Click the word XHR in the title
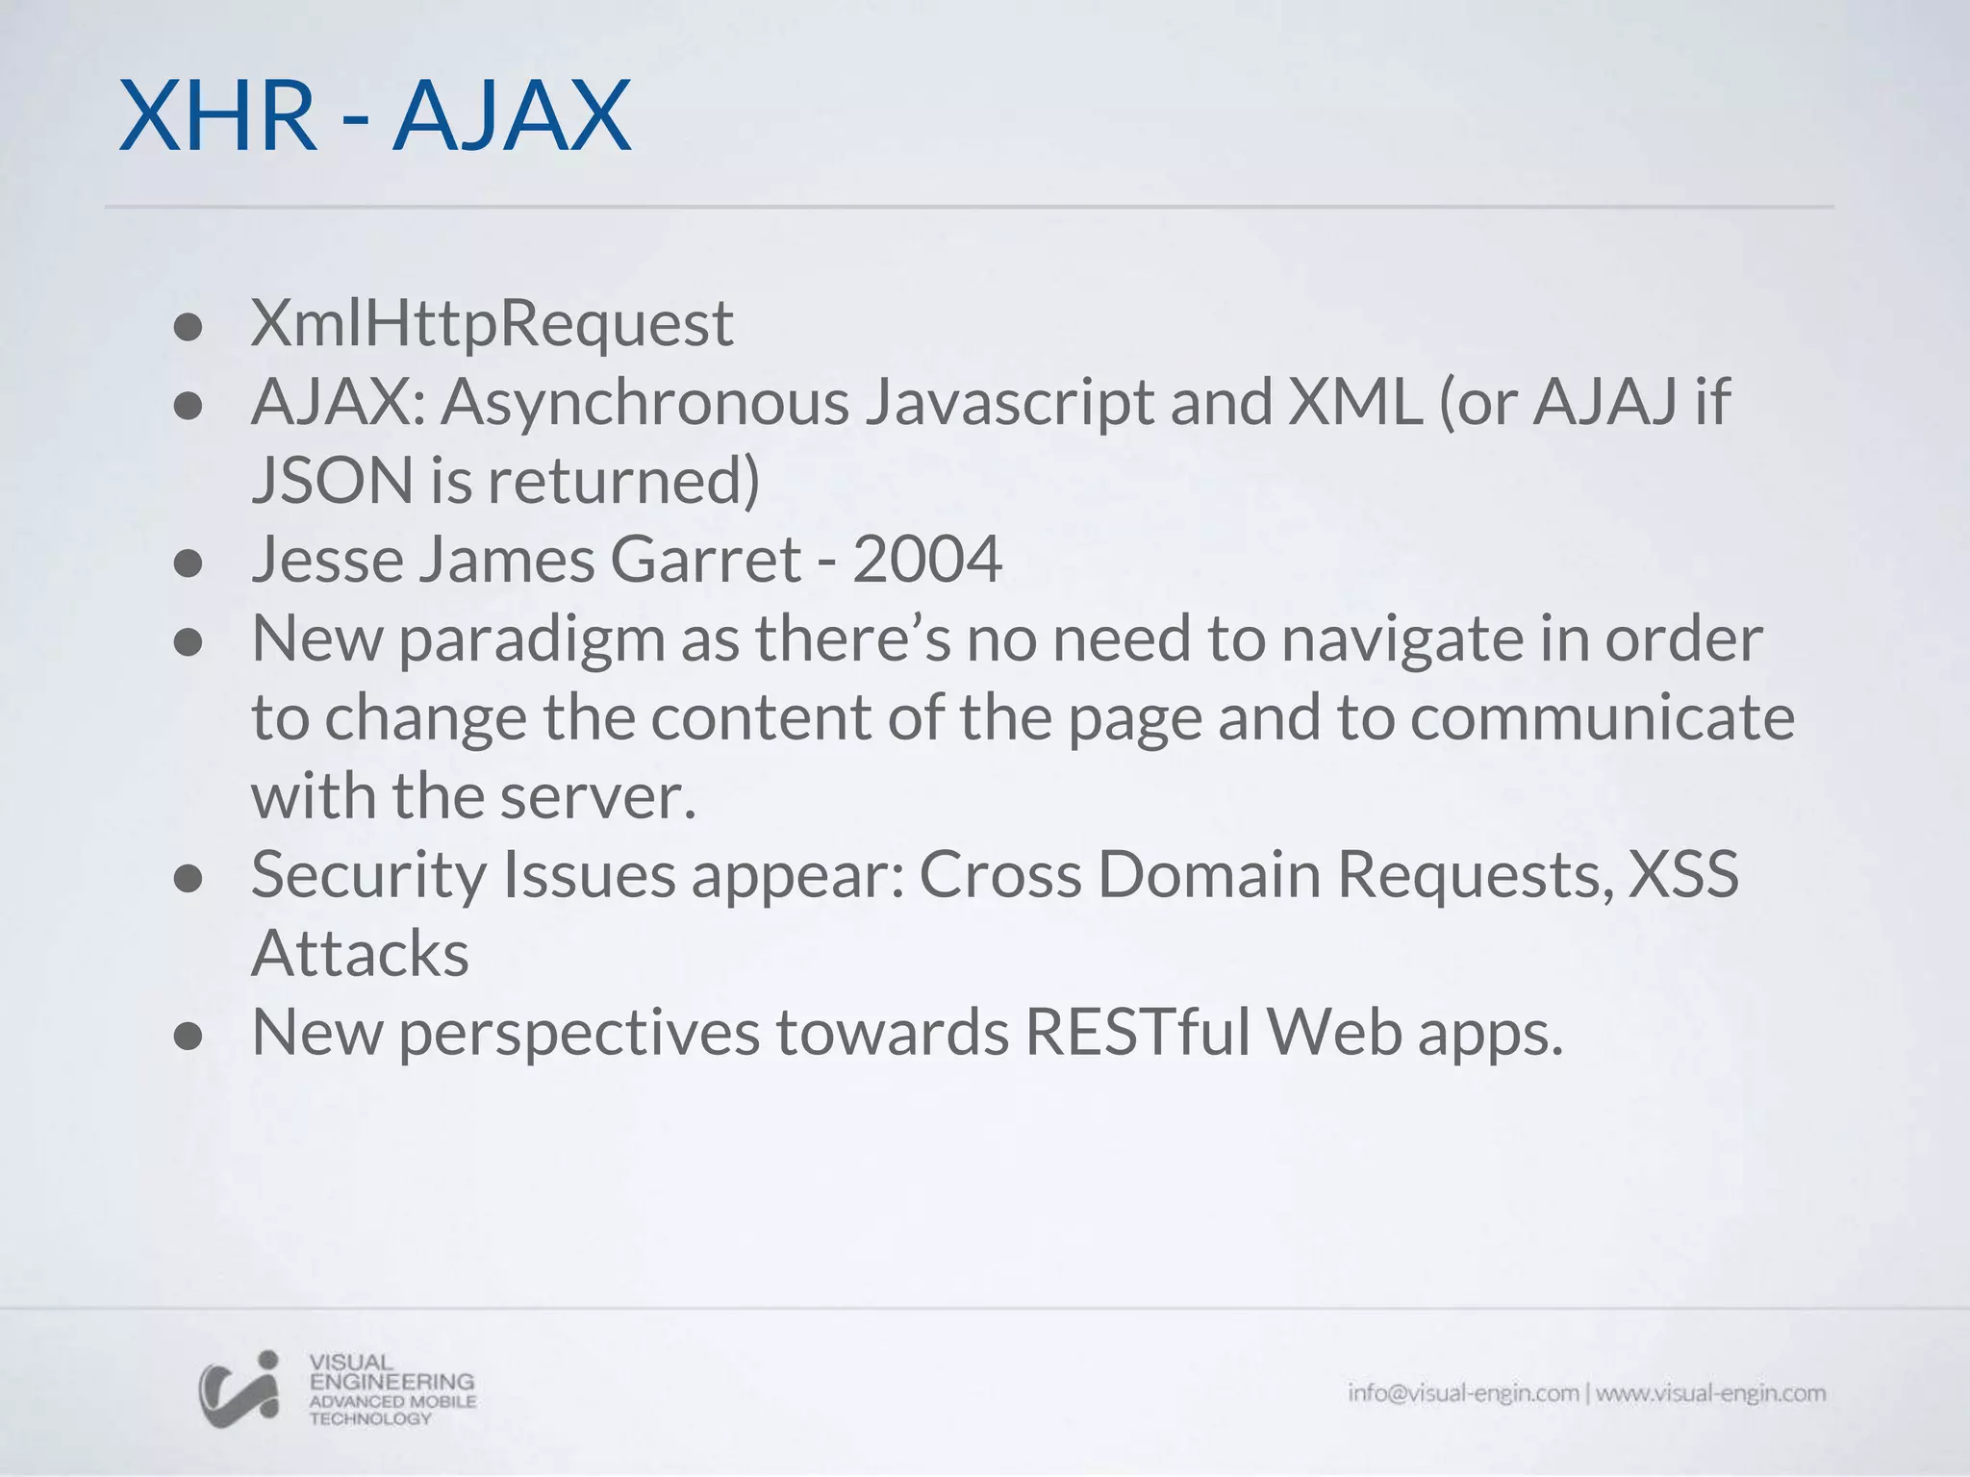point(217,117)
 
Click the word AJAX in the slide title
point(512,117)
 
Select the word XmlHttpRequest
point(492,324)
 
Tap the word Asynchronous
point(644,403)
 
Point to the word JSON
point(332,481)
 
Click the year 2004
point(926,560)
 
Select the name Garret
point(705,560)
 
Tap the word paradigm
point(532,640)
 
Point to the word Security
point(368,877)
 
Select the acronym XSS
point(1682,875)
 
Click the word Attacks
point(360,954)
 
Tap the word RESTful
point(1137,1033)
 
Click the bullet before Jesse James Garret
point(189,563)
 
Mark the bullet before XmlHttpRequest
point(189,328)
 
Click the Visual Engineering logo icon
point(239,1389)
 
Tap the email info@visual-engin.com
point(1462,1393)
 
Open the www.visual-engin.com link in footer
point(1710,1393)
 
